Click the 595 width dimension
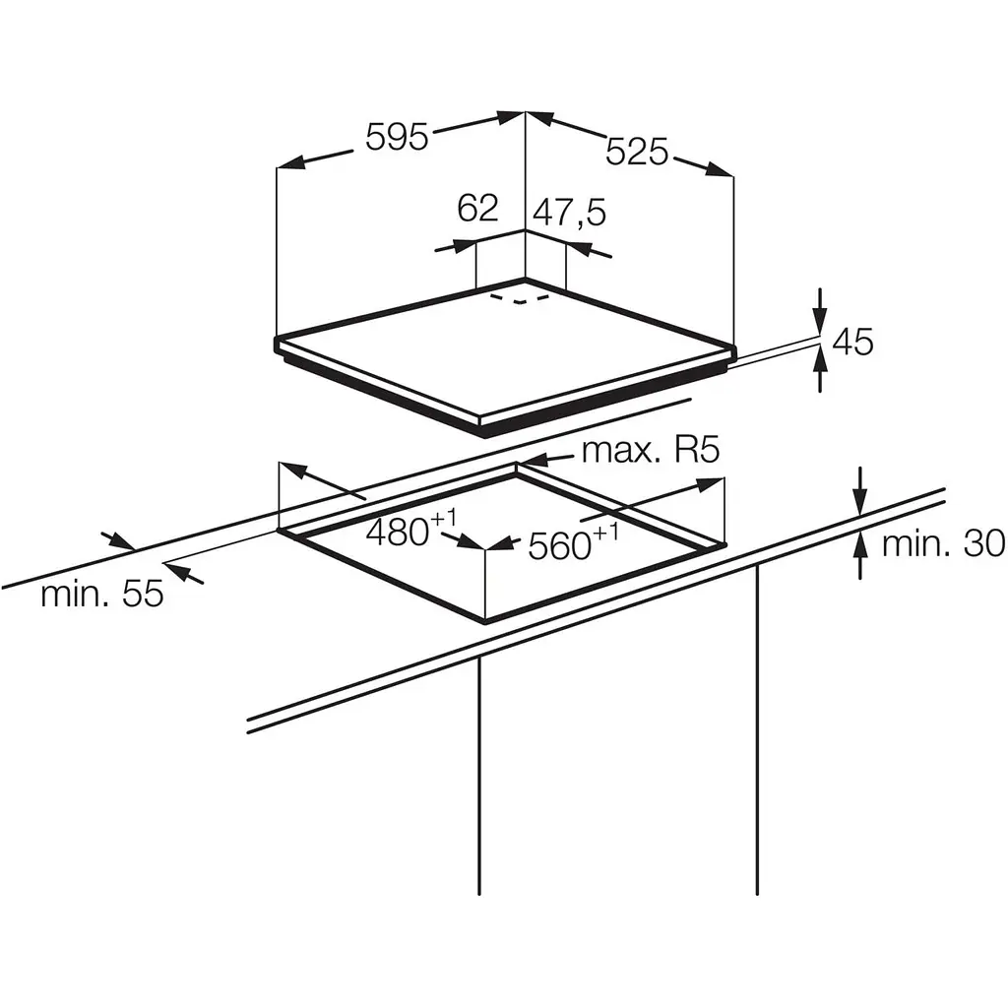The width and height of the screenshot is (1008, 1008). [x=397, y=137]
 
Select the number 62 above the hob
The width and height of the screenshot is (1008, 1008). [x=478, y=208]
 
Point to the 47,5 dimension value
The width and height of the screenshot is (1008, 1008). [x=570, y=213]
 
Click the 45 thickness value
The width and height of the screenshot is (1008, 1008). [x=852, y=342]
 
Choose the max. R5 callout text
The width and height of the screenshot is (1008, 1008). [x=651, y=451]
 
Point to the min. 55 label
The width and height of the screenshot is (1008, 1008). [x=101, y=594]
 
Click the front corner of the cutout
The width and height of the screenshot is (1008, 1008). [x=485, y=619]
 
